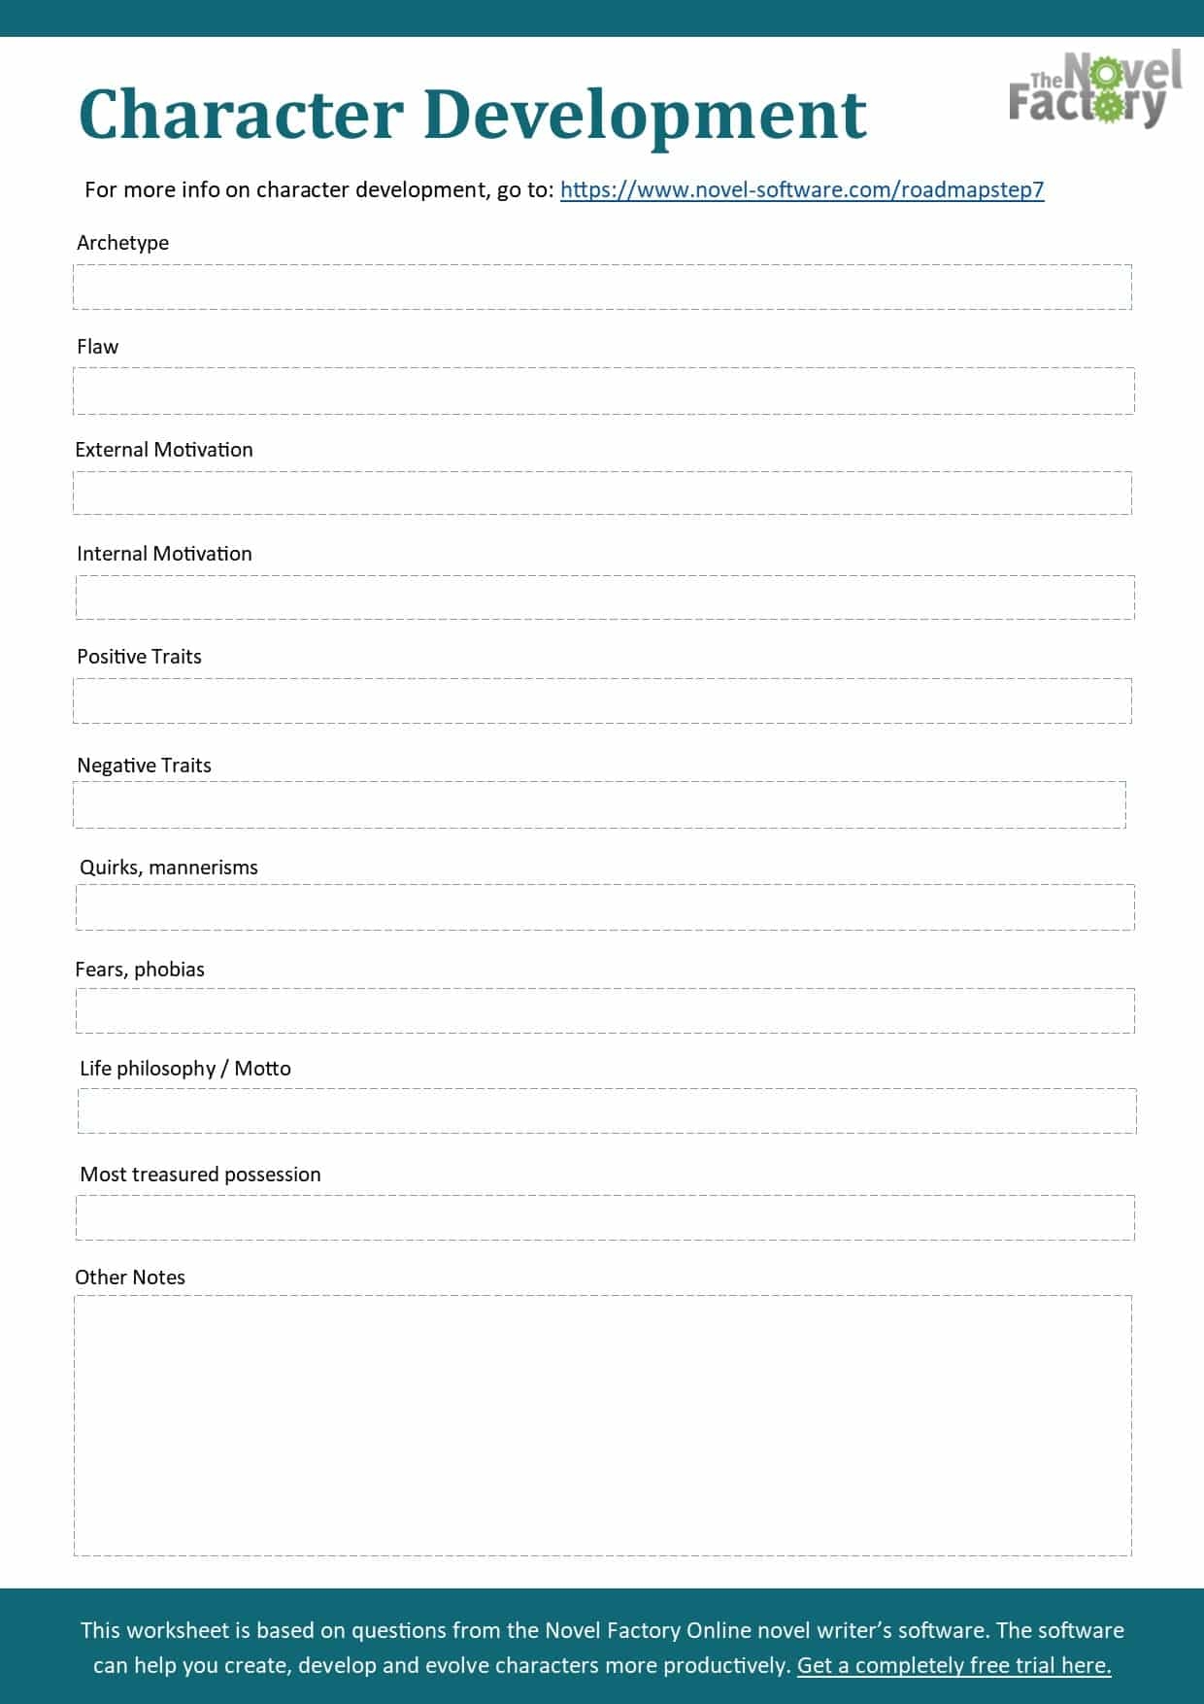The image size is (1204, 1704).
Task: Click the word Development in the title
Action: (645, 115)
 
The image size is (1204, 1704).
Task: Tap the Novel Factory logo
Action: (1095, 88)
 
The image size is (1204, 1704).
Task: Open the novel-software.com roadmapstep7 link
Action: (802, 189)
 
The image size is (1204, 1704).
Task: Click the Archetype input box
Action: (602, 288)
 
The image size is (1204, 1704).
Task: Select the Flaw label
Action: (97, 347)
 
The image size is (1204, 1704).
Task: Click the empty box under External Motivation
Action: (602, 494)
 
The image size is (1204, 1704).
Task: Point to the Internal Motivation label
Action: (164, 554)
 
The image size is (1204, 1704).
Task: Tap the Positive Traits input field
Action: (602, 701)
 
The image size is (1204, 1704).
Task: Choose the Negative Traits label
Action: (144, 766)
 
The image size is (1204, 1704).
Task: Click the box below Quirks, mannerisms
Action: (605, 907)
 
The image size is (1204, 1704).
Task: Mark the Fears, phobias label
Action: (140, 970)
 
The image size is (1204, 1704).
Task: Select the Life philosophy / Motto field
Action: (607, 1111)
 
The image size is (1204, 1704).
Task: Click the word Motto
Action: (262, 1069)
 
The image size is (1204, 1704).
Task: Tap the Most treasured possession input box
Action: (605, 1218)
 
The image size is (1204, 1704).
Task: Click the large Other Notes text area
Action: (602, 1425)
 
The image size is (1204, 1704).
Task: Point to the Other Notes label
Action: (130, 1278)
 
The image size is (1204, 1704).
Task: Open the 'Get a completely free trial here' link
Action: (953, 1665)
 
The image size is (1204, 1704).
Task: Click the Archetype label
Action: (122, 243)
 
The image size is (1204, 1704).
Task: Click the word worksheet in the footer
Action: (178, 1630)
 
